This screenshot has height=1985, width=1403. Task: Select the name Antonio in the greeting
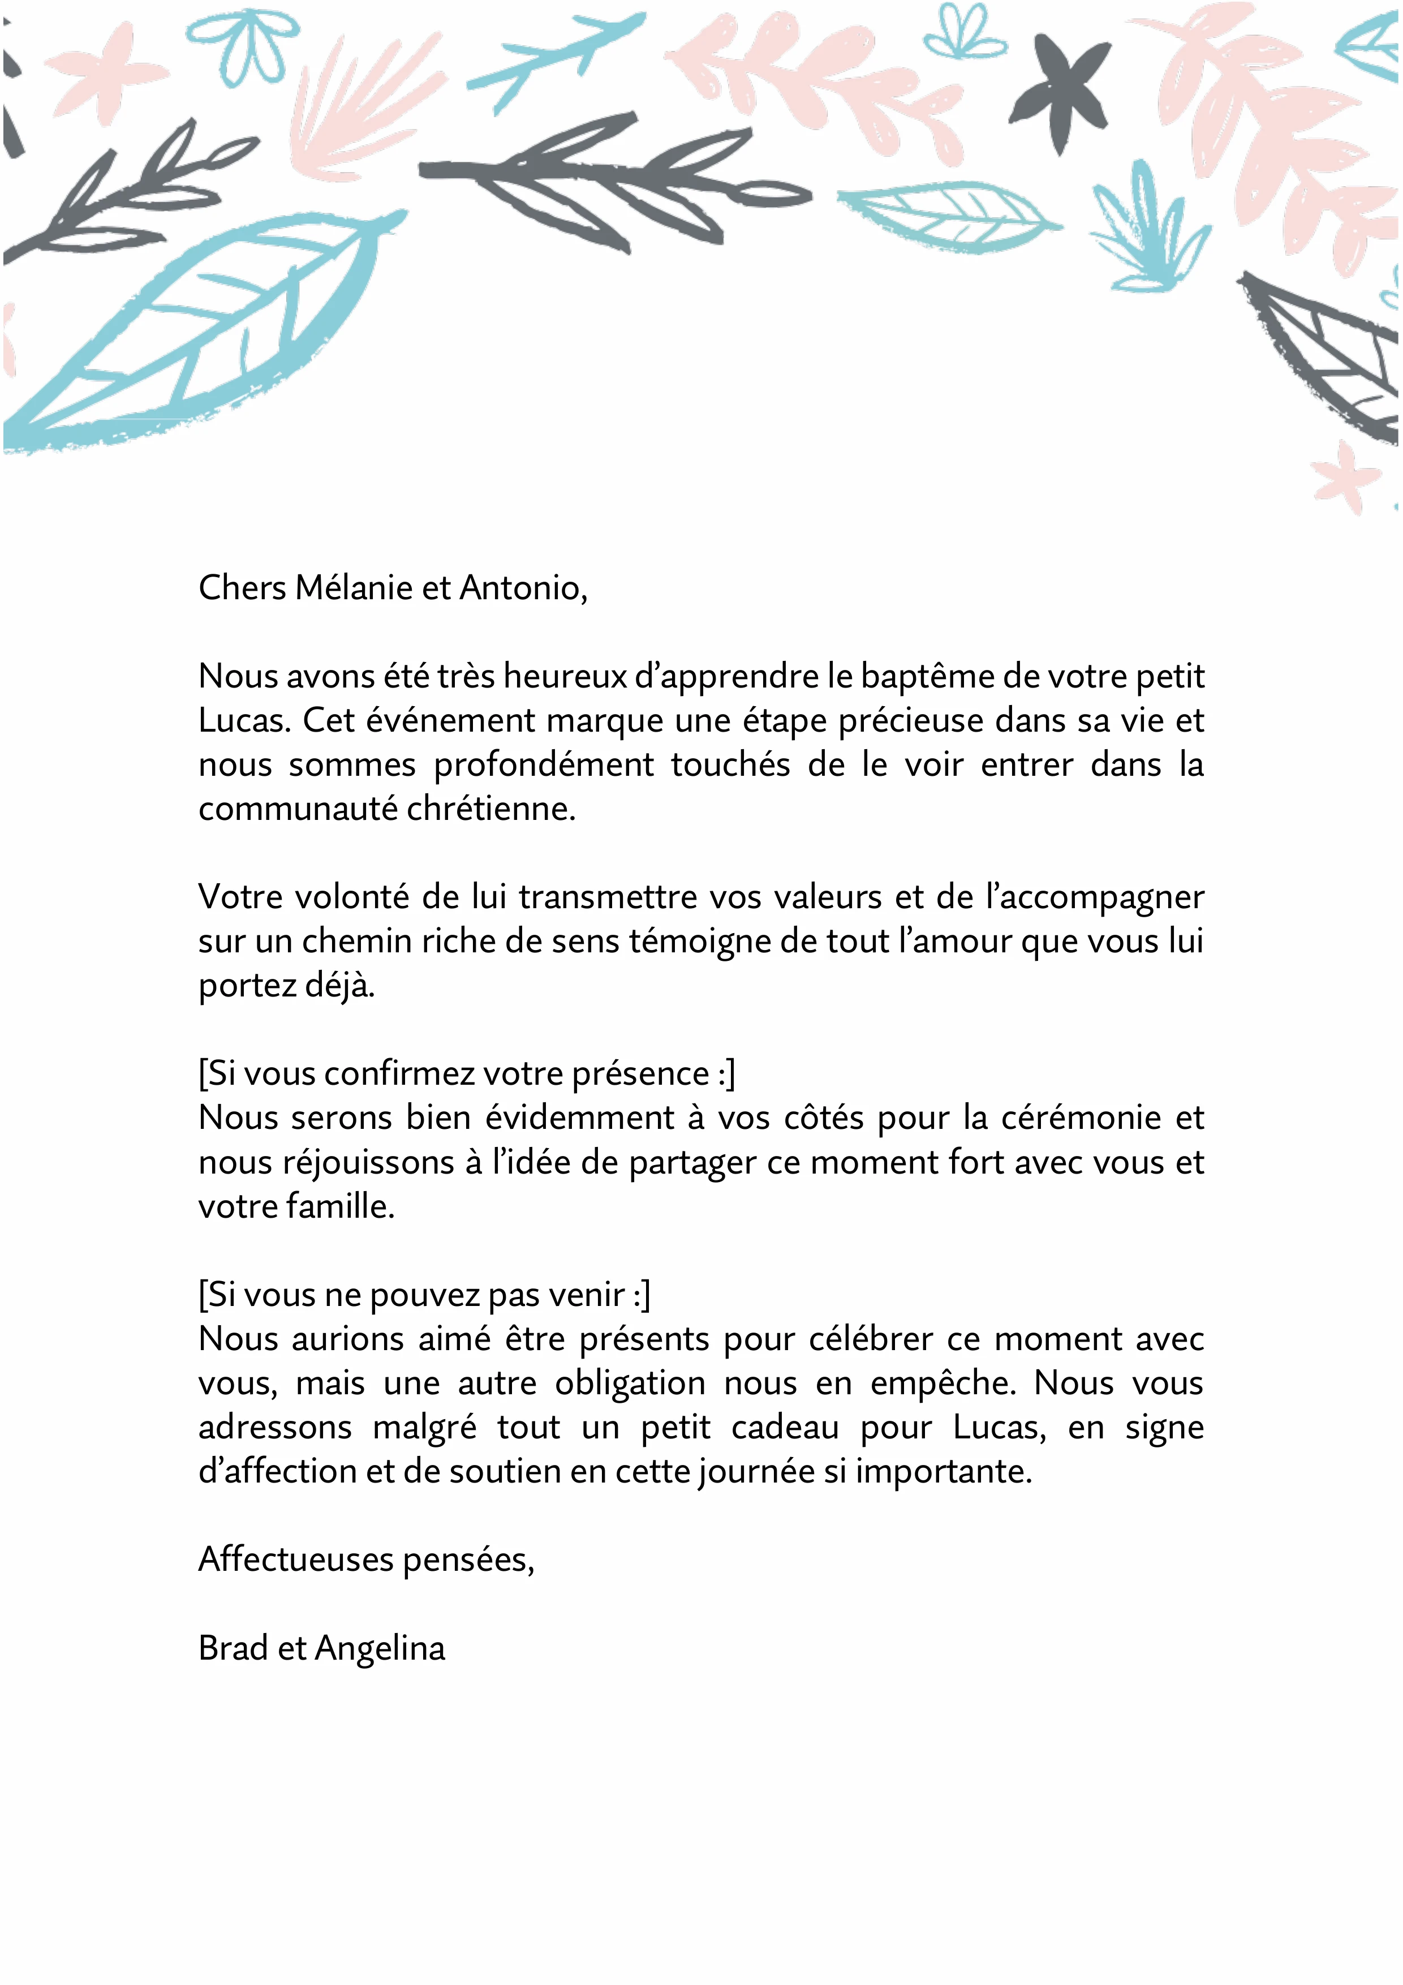pos(522,588)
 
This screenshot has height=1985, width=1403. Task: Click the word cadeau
pos(785,1428)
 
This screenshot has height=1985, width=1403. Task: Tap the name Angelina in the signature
pos(380,1649)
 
